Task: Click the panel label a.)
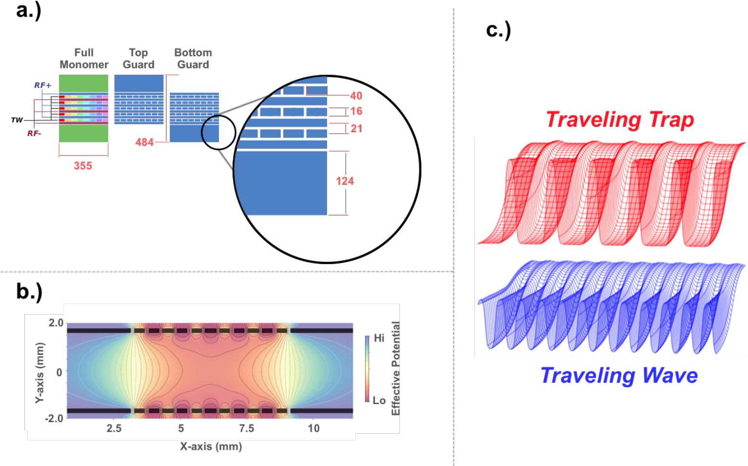(28, 10)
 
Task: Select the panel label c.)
(498, 30)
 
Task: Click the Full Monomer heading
(84, 59)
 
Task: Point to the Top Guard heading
(138, 59)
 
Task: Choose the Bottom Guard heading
(193, 59)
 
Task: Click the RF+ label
(42, 85)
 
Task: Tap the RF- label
(34, 133)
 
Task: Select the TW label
(17, 120)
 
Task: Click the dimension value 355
(83, 166)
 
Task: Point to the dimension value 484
(144, 142)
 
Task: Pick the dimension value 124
(345, 181)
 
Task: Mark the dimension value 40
(356, 96)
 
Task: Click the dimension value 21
(356, 129)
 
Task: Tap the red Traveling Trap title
(620, 120)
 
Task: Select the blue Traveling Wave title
(619, 376)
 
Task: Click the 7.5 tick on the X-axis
(246, 428)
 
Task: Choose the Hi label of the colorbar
(379, 338)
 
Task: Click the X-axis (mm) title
(211, 446)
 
